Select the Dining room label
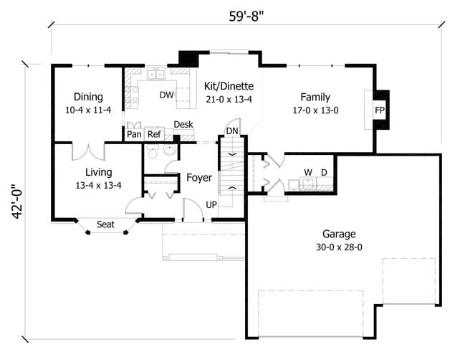(88, 97)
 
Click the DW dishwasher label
(166, 95)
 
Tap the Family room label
(315, 97)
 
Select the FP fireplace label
(380, 110)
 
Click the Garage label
(339, 234)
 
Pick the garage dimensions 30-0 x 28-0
(339, 247)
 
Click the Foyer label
(198, 177)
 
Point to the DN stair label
(231, 131)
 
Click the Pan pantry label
(134, 133)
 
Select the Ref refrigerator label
(153, 133)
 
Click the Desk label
(183, 124)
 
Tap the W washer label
(307, 172)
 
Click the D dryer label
(324, 172)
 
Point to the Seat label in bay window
(105, 224)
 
